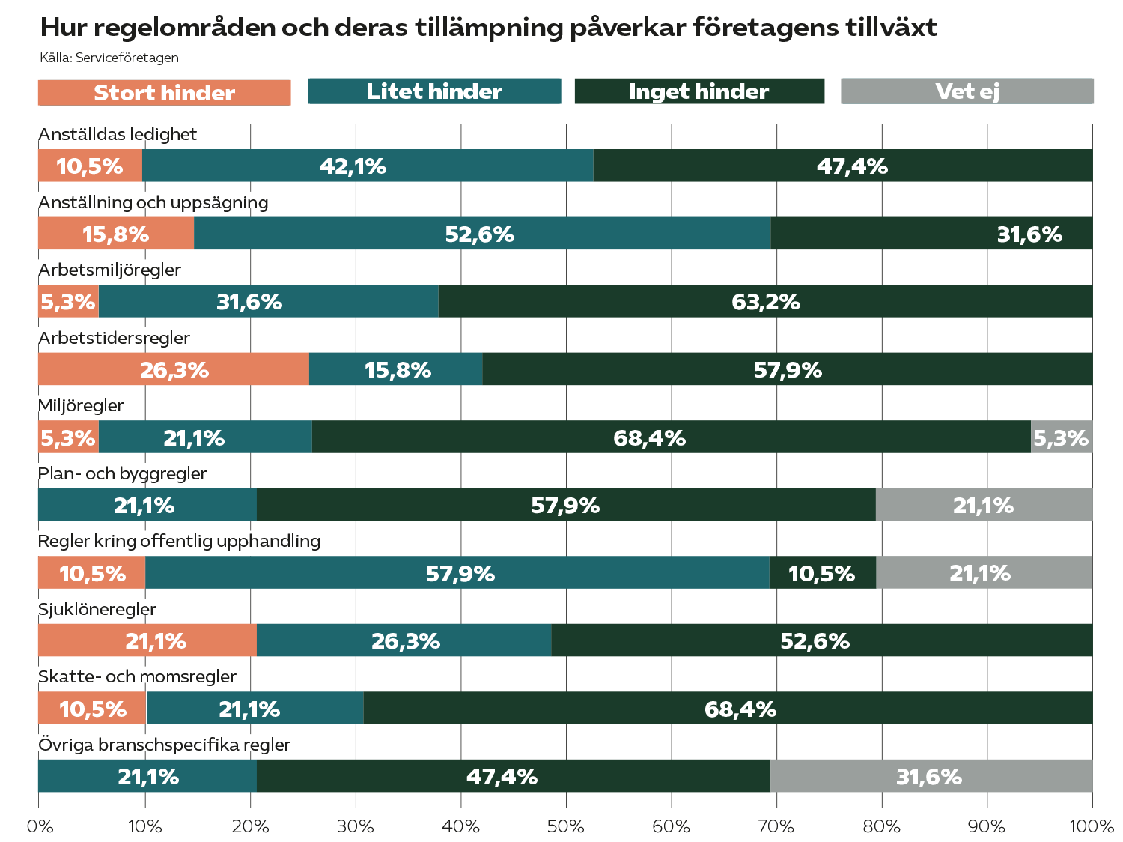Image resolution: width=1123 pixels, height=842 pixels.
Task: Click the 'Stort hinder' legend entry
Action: click(x=164, y=93)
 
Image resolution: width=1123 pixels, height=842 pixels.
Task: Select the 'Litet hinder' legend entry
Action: click(x=434, y=91)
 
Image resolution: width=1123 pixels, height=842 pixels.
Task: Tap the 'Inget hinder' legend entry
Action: click(x=699, y=91)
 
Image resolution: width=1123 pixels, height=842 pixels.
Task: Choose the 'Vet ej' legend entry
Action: click(x=967, y=91)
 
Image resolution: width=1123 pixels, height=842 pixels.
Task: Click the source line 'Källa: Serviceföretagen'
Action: click(x=109, y=58)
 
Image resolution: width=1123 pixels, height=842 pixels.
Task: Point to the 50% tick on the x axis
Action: click(x=566, y=826)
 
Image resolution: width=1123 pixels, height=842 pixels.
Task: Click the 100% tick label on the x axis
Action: click(x=1092, y=826)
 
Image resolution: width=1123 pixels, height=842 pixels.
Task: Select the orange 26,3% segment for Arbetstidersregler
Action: click(x=174, y=369)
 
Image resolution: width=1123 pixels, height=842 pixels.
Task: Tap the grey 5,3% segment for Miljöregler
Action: click(x=1062, y=437)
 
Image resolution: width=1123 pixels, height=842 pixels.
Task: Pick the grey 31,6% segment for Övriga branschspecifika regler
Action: click(x=931, y=776)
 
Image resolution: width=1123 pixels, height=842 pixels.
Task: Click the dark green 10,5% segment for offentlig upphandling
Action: click(x=822, y=573)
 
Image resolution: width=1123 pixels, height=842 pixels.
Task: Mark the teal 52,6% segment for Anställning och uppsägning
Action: click(x=481, y=234)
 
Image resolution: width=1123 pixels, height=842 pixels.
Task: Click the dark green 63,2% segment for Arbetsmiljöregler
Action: click(x=765, y=301)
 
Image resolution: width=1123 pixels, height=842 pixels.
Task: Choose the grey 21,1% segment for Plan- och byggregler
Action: click(x=983, y=505)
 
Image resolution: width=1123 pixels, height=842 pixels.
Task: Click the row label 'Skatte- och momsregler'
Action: click(x=137, y=676)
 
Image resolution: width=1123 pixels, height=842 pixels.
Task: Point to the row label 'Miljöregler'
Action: click(x=81, y=405)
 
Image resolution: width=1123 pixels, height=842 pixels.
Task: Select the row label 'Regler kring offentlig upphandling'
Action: click(x=179, y=541)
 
